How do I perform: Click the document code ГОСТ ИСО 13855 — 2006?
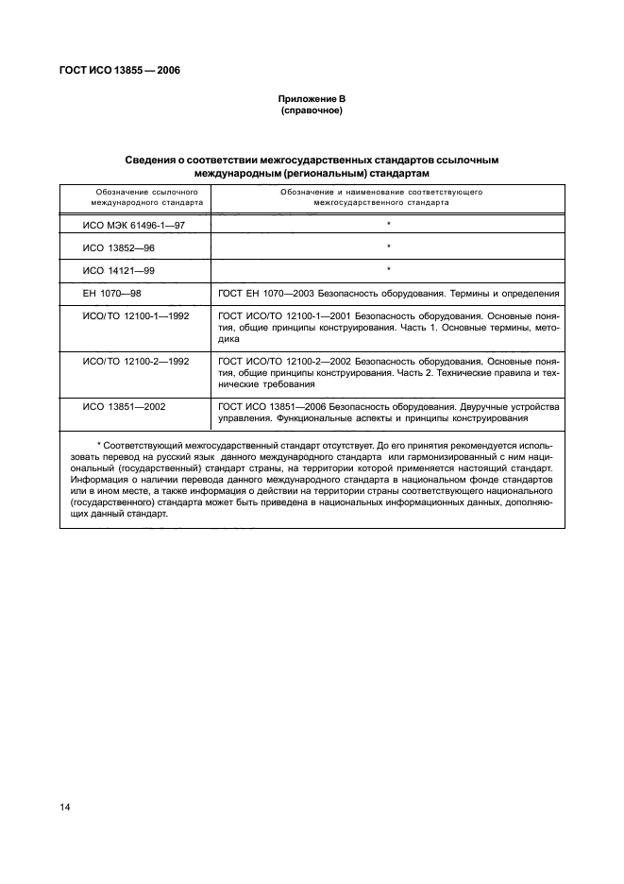point(122,71)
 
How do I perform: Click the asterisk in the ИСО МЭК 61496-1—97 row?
point(388,224)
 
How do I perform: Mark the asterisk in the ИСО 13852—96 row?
point(388,247)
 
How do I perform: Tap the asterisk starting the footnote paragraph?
point(99,442)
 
